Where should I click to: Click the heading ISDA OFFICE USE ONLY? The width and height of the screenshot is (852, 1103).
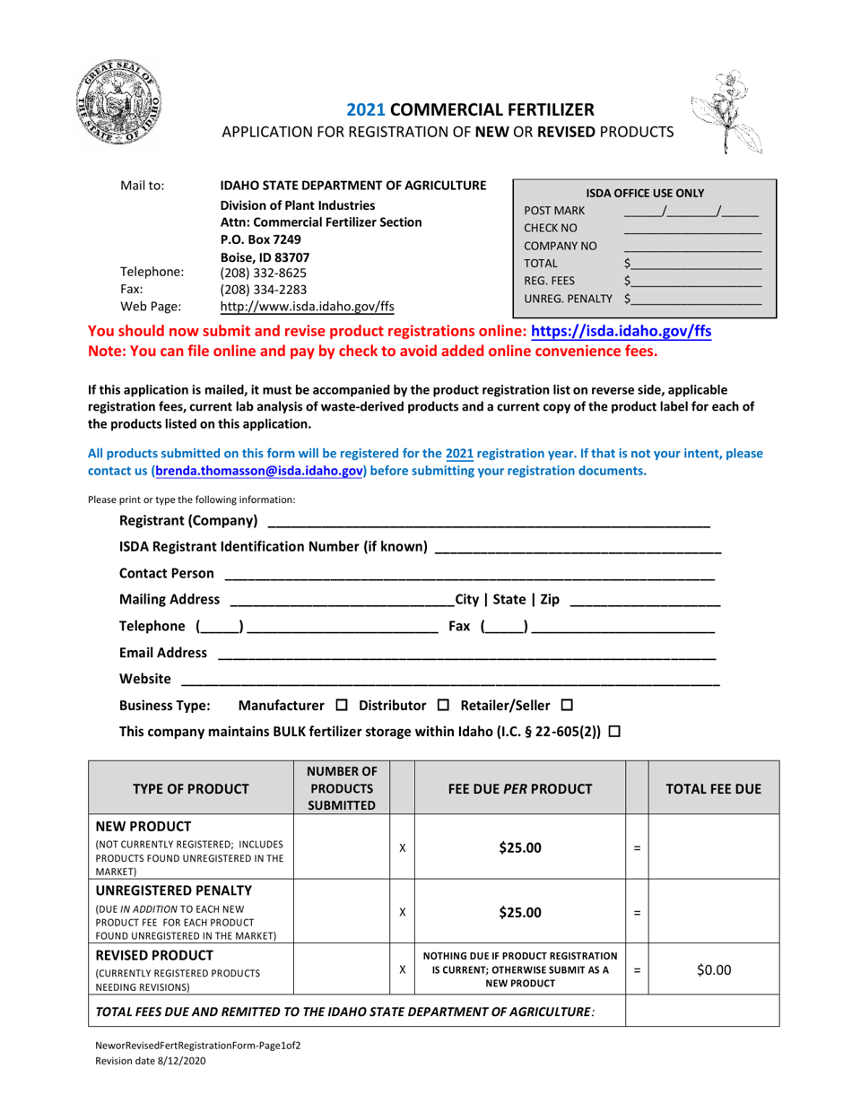644,193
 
